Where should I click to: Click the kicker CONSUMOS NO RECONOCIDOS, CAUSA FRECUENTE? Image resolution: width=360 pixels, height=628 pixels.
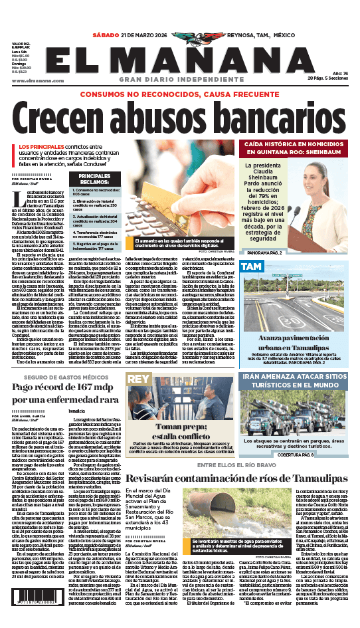(x=179, y=94)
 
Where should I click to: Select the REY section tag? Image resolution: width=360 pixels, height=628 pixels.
(x=137, y=378)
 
